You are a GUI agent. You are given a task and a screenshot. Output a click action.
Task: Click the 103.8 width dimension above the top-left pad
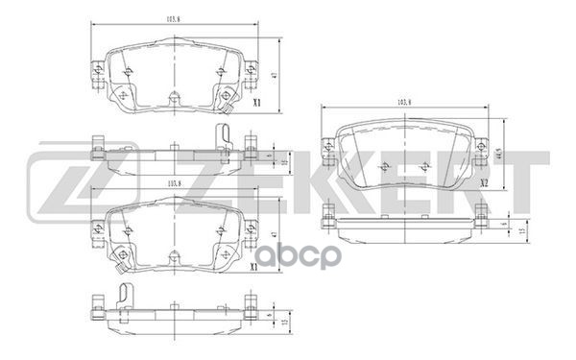(x=174, y=19)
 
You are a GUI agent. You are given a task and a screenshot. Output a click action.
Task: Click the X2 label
(x=485, y=181)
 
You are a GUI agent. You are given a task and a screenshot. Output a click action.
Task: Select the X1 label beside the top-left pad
(x=255, y=102)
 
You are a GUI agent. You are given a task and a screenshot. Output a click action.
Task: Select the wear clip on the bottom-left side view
(x=120, y=296)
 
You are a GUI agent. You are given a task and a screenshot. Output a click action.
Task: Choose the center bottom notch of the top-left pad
(x=173, y=99)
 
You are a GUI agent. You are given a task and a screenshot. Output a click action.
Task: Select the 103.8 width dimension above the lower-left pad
(x=174, y=184)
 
